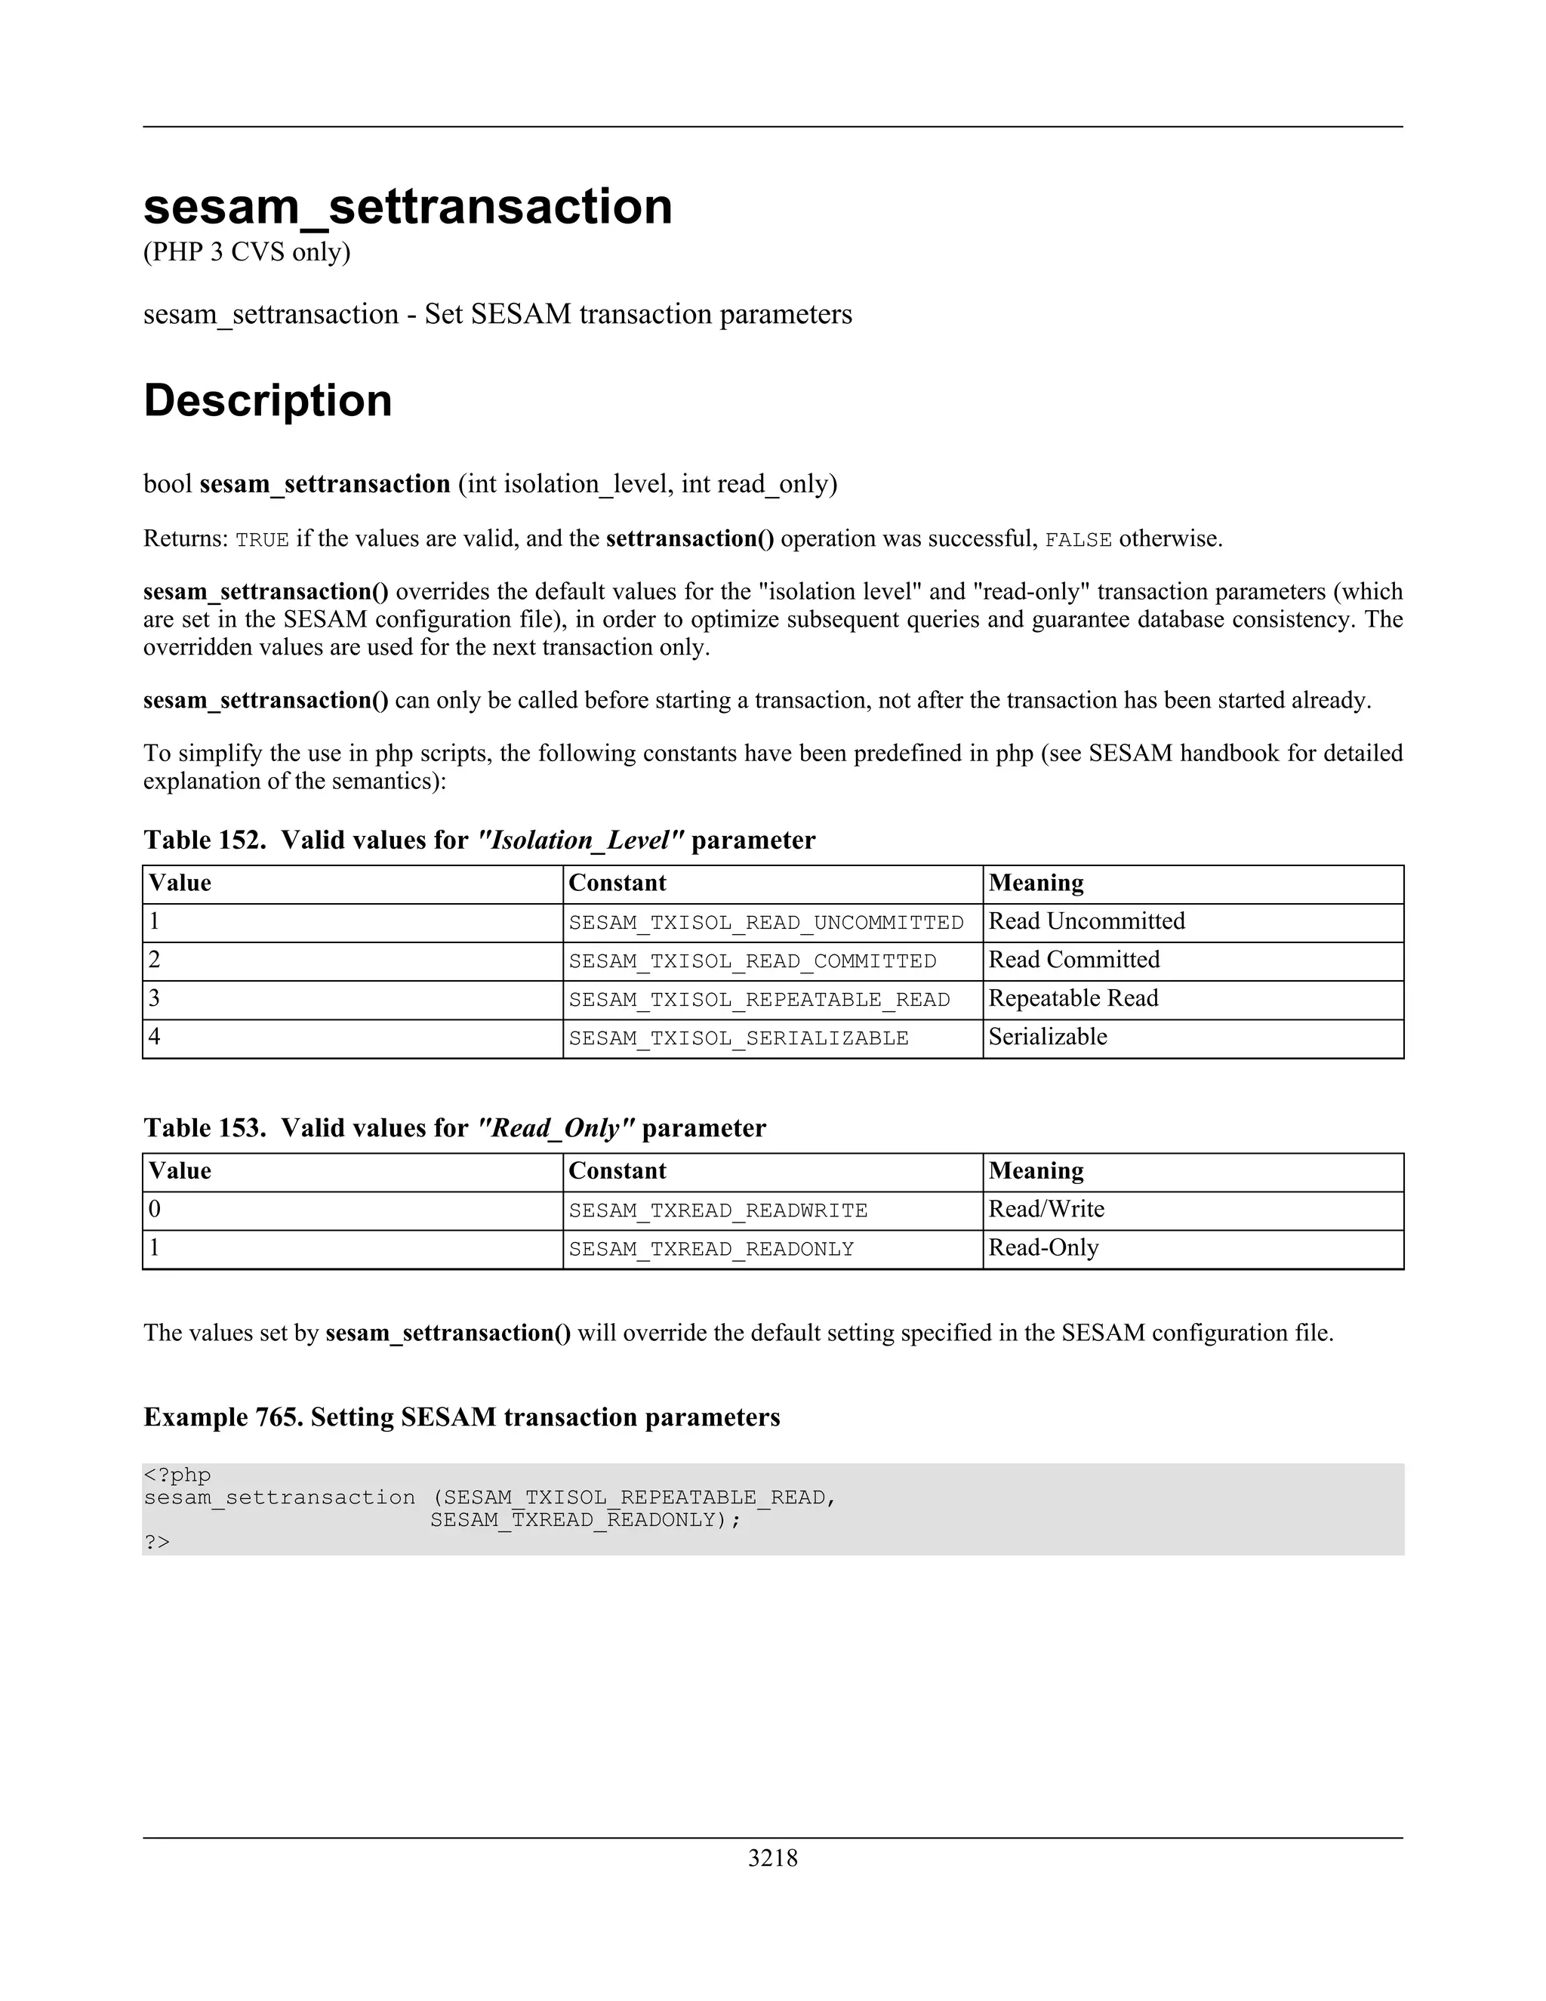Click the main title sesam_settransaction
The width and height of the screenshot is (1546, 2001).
(x=408, y=206)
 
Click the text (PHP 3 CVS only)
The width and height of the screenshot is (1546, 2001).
(x=246, y=252)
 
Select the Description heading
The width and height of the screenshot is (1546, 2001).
(x=267, y=400)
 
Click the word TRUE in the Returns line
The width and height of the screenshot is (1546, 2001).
(x=262, y=540)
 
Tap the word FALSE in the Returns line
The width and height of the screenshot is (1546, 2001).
(x=1078, y=540)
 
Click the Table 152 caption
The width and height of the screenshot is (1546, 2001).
(x=479, y=840)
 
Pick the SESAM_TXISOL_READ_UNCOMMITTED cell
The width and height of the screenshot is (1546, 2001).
(x=765, y=923)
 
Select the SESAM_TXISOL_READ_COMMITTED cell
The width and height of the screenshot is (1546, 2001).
(x=752, y=961)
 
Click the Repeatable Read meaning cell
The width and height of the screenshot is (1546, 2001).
(x=1073, y=999)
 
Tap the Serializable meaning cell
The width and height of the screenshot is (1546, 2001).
(x=1048, y=1037)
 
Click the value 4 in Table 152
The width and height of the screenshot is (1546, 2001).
(x=155, y=1037)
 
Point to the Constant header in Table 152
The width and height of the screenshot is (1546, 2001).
(x=617, y=883)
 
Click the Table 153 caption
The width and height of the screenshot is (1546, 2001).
(x=454, y=1128)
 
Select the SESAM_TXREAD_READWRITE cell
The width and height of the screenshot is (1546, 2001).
(x=717, y=1210)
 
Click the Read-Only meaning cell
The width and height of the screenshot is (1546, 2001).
(x=1043, y=1248)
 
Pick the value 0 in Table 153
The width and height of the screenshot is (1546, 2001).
(x=155, y=1210)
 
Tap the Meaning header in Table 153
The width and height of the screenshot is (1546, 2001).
(x=1036, y=1171)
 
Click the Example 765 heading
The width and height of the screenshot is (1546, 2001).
(x=461, y=1417)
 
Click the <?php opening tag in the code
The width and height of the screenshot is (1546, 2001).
(x=177, y=1475)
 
